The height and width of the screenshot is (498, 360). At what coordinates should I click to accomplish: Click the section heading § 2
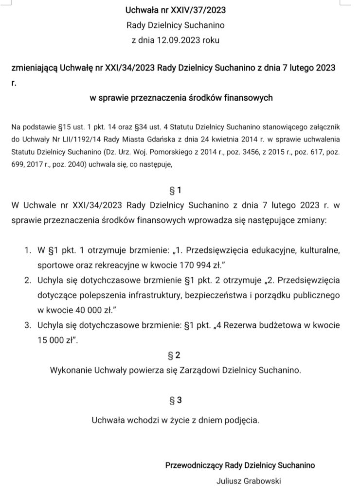[175, 355]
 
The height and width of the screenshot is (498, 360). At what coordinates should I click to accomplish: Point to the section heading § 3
[175, 400]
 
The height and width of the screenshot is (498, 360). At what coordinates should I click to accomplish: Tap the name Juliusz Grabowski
[249, 481]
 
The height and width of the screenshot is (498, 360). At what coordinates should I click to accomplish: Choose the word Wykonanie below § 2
[70, 370]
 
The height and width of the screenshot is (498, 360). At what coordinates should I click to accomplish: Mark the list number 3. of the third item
[28, 324]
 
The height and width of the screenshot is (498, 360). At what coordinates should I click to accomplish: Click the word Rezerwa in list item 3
[249, 324]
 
